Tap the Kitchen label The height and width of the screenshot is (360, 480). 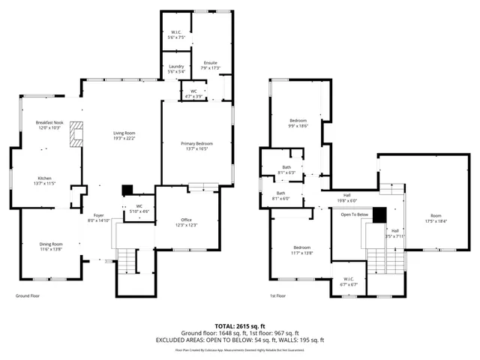pyautogui.click(x=44, y=181)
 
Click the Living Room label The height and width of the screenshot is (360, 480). pyautogui.click(x=124, y=135)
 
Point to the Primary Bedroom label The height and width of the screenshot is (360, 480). pyautogui.click(x=196, y=145)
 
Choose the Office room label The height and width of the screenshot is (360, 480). pyautogui.click(x=186, y=222)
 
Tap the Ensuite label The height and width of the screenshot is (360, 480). pyautogui.click(x=210, y=65)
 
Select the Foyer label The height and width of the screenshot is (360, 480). pyautogui.click(x=99, y=217)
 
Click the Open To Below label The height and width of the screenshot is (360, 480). pyautogui.click(x=354, y=214)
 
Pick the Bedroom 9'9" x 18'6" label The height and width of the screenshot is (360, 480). pyautogui.click(x=298, y=123)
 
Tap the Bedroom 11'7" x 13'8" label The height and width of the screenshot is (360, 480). pyautogui.click(x=301, y=250)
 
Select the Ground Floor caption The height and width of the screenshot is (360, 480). pyautogui.click(x=28, y=295)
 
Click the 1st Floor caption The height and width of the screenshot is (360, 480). pyautogui.click(x=277, y=295)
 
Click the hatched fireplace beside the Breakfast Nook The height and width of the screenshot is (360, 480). pyautogui.click(x=75, y=134)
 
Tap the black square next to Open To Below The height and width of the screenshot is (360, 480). pyautogui.click(x=379, y=214)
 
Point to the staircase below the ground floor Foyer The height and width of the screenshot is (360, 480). pyautogui.click(x=129, y=261)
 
